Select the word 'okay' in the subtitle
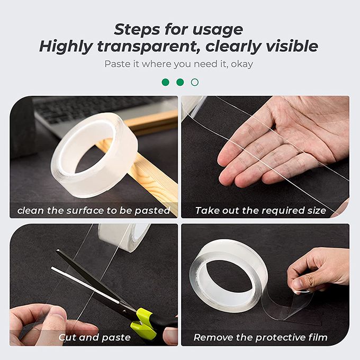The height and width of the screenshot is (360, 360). click(x=242, y=64)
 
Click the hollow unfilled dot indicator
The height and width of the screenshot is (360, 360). click(x=195, y=82)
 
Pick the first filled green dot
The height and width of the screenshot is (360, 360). click(x=166, y=82)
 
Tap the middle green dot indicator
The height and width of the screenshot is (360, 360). click(x=180, y=82)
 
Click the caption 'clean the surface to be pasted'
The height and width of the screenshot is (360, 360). click(x=94, y=211)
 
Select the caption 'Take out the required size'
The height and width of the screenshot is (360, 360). click(x=260, y=211)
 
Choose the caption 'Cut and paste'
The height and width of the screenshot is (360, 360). click(x=95, y=338)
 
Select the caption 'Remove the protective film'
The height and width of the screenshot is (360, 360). click(x=260, y=338)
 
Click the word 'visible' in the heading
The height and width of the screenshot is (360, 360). click(x=292, y=47)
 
